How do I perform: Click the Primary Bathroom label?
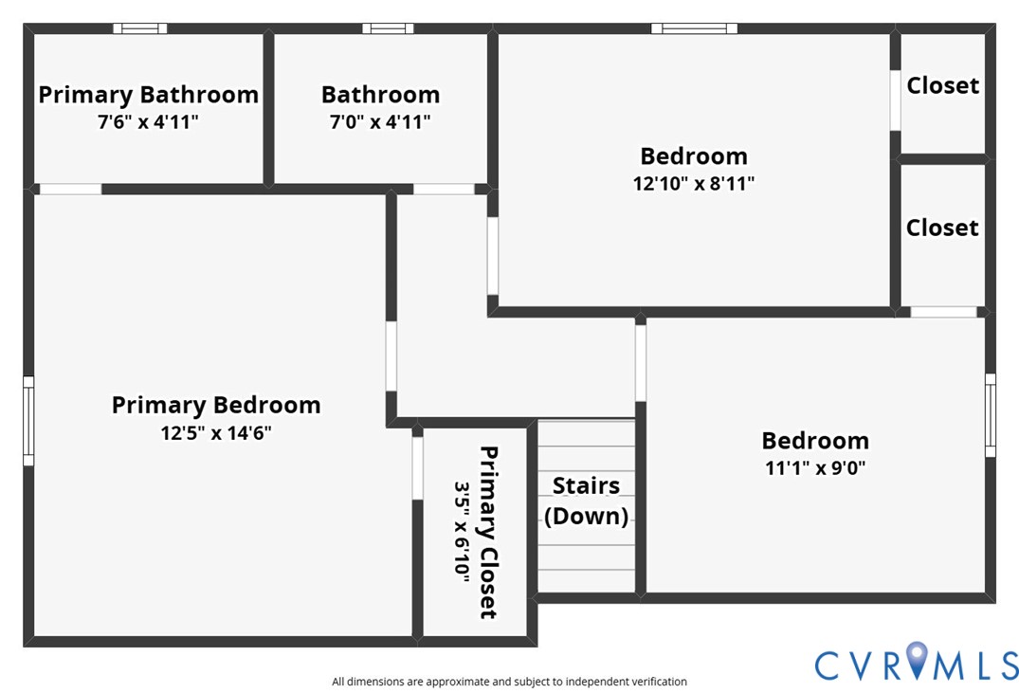(x=148, y=95)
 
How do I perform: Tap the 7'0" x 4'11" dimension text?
(x=380, y=122)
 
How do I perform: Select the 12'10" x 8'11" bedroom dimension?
(x=693, y=184)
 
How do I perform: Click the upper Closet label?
(x=942, y=85)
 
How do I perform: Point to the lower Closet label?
(x=942, y=228)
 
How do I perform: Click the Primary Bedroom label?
(x=216, y=405)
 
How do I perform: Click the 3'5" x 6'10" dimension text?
(x=463, y=532)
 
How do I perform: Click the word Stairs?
(x=586, y=485)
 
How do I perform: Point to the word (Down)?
(x=586, y=516)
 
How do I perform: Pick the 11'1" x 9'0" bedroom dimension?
(x=815, y=467)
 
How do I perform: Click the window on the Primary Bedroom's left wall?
(x=28, y=421)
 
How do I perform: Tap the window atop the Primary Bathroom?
(x=139, y=28)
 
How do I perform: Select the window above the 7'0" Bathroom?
(x=388, y=28)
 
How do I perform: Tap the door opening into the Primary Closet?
(x=417, y=467)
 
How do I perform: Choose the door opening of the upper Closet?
(x=895, y=100)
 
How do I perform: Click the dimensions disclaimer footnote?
(x=509, y=682)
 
